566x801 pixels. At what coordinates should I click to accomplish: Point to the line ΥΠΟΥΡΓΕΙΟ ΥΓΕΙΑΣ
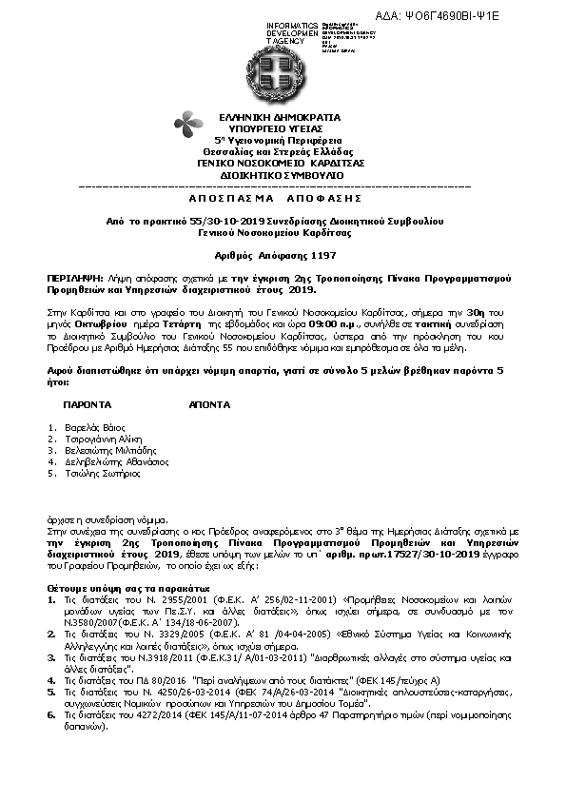283,127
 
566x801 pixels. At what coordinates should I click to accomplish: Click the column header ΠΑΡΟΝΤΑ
87,404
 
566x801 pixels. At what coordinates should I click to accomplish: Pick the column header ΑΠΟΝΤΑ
209,404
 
